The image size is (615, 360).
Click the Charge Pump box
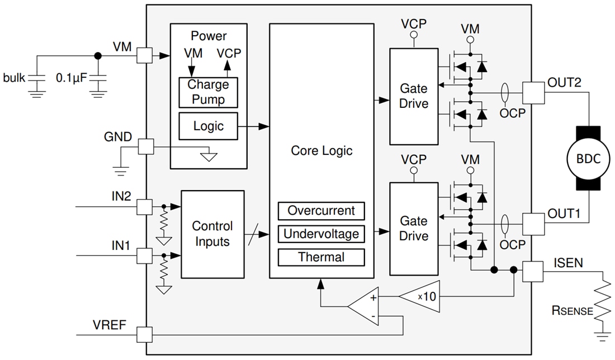(208, 92)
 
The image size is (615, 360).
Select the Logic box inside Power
(208, 126)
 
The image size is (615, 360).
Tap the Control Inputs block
(212, 234)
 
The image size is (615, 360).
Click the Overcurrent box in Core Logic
(321, 211)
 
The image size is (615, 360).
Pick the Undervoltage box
(321, 234)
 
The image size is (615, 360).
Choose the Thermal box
(321, 257)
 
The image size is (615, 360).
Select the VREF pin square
(145, 335)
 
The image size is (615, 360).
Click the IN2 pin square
(145, 207)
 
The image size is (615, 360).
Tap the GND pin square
(145, 147)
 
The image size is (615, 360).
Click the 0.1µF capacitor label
(72, 78)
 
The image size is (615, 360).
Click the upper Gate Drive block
(414, 96)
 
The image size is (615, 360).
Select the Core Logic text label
(321, 151)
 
